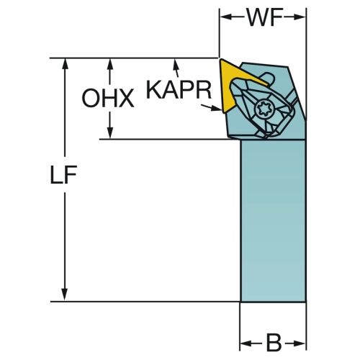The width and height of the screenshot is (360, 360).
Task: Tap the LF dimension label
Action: point(63,175)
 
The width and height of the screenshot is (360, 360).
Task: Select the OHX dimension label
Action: point(108,98)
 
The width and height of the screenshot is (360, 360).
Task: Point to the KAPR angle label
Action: point(179,90)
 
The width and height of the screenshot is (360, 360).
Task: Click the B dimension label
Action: point(274,343)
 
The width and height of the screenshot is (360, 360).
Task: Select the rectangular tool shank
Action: point(273,220)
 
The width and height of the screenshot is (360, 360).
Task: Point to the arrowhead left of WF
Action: point(226,17)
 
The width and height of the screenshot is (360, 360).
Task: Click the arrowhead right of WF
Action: point(300,17)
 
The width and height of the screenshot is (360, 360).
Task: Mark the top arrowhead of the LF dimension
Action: point(65,64)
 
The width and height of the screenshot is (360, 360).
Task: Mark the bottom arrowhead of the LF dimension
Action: point(64,294)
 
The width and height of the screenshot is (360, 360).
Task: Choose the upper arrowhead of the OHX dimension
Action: point(110,64)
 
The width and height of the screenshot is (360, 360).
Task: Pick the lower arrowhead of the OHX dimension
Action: point(110,132)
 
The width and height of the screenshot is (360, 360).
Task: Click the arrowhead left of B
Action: point(246,343)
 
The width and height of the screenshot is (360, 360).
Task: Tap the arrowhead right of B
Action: point(300,343)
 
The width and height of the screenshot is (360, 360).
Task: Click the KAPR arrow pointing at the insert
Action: point(211,107)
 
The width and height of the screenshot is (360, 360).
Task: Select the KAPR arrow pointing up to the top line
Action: point(176,68)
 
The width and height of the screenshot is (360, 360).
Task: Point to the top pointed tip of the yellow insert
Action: point(221,59)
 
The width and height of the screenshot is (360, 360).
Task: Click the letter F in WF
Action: point(276,17)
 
